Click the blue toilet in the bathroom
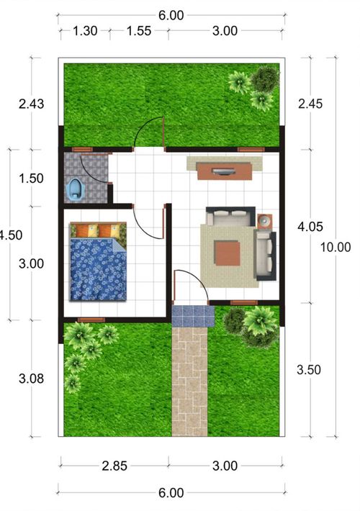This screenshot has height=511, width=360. click(76, 189)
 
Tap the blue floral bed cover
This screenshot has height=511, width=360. click(98, 269)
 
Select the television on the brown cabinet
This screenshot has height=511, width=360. click(223, 171)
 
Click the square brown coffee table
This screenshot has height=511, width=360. click(228, 253)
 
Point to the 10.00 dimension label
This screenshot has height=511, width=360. click(336, 247)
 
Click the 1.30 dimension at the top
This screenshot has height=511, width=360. click(85, 31)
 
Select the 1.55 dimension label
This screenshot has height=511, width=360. click(139, 31)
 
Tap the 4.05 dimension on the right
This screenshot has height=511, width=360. click(310, 227)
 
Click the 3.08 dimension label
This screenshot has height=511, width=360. click(31, 379)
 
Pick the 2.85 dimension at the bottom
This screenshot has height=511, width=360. click(114, 466)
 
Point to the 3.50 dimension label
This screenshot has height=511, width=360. click(309, 370)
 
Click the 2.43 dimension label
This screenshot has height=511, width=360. click(31, 104)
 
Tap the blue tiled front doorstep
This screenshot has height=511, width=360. click(194, 316)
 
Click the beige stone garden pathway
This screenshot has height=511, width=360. click(189, 381)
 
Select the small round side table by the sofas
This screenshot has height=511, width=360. click(264, 222)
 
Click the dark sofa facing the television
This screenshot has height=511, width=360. click(230, 216)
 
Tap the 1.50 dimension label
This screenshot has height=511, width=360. click(31, 178)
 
